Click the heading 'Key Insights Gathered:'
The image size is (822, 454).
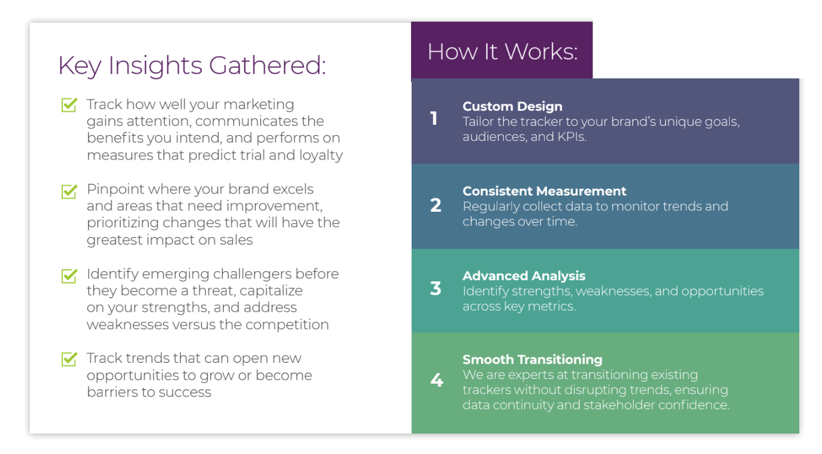192,65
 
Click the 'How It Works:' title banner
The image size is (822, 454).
502,52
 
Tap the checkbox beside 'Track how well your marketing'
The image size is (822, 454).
69,105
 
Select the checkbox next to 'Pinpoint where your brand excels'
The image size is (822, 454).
69,191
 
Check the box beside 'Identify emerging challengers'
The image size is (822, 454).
69,275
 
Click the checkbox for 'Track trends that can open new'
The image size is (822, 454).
69,359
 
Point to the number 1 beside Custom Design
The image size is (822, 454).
434,119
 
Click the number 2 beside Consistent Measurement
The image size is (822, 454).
436,206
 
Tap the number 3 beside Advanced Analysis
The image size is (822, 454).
436,288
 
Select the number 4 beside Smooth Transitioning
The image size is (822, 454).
437,380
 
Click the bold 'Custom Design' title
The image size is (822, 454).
512,106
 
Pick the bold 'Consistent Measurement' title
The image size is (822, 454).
544,191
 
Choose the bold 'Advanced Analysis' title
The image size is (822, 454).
524,276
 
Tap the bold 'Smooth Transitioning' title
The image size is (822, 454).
532,360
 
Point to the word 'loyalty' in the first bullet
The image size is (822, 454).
321,155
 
